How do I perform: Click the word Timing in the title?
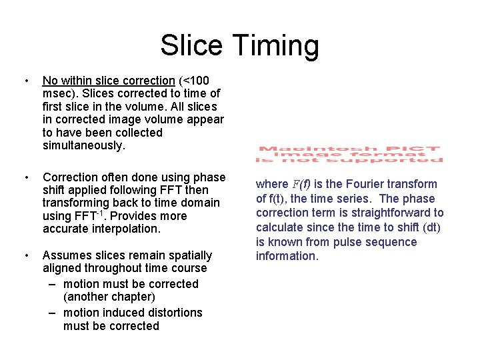click(276, 46)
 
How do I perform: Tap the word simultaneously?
click(84, 145)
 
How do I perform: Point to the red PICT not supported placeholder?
click(350, 154)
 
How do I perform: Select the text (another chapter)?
click(109, 297)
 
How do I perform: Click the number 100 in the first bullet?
click(217, 81)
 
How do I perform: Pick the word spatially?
click(187, 255)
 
